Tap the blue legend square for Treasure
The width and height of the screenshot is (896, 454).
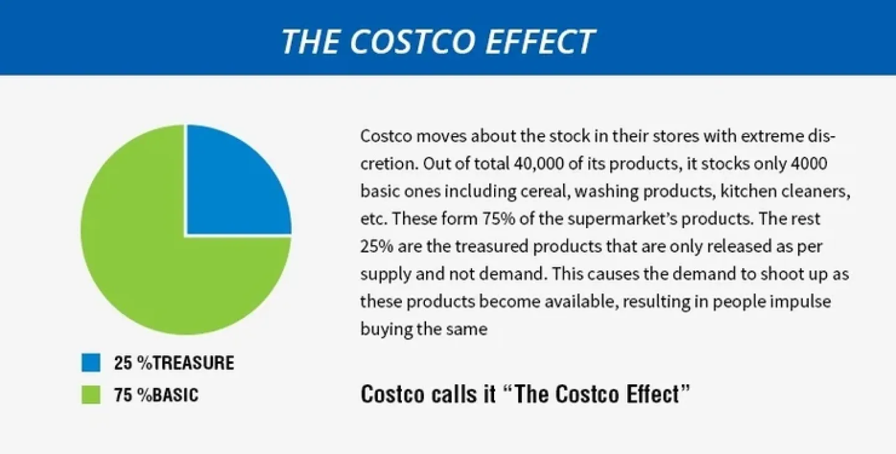pyautogui.click(x=91, y=363)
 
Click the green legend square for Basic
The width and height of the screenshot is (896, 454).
pyautogui.click(x=91, y=394)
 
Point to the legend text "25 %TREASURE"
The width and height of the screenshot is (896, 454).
pyautogui.click(x=174, y=363)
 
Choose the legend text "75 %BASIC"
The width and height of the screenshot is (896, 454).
pyautogui.click(x=156, y=395)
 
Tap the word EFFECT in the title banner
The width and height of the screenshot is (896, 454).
pyautogui.click(x=540, y=41)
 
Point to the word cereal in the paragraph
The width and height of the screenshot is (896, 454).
pyautogui.click(x=546, y=192)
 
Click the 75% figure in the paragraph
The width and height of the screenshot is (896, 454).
pyautogui.click(x=498, y=219)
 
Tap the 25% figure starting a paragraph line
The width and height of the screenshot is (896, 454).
pyautogui.click(x=376, y=246)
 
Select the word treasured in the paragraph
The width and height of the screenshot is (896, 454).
pyautogui.click(x=492, y=246)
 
